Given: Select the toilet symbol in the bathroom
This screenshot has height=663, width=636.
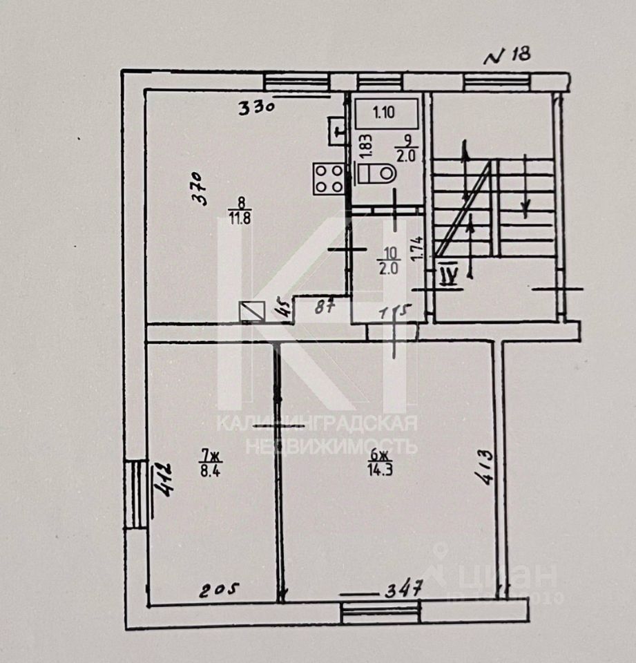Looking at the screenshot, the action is pos(376,173).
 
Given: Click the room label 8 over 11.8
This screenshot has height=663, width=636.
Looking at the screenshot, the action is pos(241,209).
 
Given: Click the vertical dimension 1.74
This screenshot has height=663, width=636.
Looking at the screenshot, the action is pos(416,248).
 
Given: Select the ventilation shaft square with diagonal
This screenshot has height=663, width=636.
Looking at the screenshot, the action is pos(251,313).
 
